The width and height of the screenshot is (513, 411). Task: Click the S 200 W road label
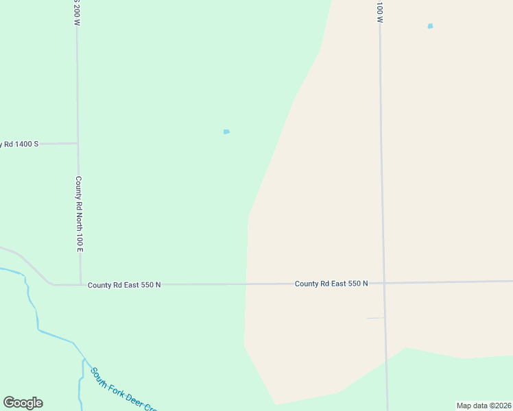(77, 12)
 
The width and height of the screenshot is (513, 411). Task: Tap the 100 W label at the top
(379, 11)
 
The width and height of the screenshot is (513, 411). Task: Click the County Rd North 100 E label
(79, 214)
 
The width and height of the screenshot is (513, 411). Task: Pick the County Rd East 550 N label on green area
(124, 284)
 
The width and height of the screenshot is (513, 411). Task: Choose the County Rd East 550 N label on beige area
(331, 283)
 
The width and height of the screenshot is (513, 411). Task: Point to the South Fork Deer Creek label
(123, 388)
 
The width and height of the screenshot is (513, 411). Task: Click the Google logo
(23, 403)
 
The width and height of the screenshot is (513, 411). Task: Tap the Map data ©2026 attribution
(484, 406)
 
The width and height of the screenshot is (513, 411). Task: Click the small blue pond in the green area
(226, 132)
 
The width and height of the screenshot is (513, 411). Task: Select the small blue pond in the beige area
(430, 26)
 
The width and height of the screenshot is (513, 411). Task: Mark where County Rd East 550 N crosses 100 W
(383, 282)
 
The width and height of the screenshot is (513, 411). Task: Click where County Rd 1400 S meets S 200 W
(77, 143)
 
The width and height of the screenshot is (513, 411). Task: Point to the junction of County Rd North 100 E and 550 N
(81, 284)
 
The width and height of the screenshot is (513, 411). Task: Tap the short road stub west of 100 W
(375, 318)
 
